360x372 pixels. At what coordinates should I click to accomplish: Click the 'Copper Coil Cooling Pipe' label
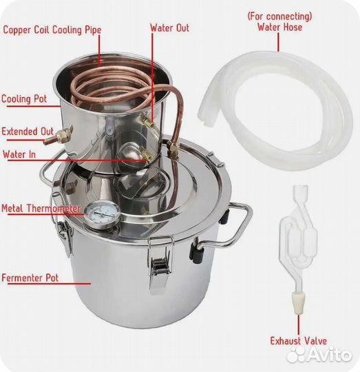52,30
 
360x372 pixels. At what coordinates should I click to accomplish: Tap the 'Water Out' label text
170,28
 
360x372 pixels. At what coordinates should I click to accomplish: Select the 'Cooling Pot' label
24,99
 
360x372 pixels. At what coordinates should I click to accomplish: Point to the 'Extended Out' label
28,132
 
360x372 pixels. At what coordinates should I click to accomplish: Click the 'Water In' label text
19,154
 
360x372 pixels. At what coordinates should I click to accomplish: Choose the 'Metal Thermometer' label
41,209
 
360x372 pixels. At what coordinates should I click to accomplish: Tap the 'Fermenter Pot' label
30,278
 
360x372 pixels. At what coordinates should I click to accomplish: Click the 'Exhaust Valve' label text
298,341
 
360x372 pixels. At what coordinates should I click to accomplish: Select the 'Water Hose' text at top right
279,27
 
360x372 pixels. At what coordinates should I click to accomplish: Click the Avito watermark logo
319,354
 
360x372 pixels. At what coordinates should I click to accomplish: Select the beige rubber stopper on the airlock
298,302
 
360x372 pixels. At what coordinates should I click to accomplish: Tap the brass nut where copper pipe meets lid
173,147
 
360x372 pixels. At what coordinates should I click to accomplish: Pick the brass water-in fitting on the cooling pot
146,154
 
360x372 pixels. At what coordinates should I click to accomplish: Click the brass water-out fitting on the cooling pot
147,121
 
